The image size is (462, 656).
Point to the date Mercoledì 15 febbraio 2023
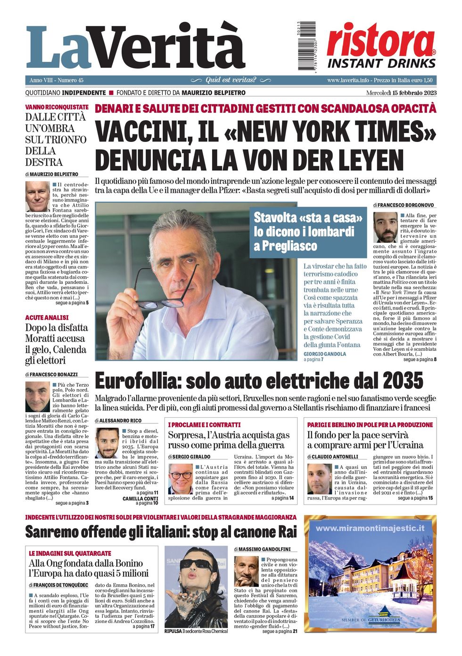[x=401, y=93]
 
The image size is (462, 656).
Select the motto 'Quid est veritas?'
[x=231, y=80]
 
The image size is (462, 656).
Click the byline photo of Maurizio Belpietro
[x=37, y=196]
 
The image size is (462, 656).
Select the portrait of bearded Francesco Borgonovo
[x=385, y=227]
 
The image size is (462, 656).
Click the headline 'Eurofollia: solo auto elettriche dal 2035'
[x=259, y=381]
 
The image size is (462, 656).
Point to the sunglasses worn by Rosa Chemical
[x=197, y=565]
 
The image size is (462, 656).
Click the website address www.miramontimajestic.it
[x=370, y=528]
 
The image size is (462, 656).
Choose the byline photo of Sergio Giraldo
[x=180, y=478]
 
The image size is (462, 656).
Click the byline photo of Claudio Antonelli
[x=319, y=479]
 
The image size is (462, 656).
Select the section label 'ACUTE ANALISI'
[x=47, y=317]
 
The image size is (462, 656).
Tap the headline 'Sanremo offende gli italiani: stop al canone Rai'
[x=161, y=532]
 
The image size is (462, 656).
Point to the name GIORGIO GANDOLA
[x=324, y=354]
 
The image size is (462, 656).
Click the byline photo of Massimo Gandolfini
[x=247, y=571]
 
